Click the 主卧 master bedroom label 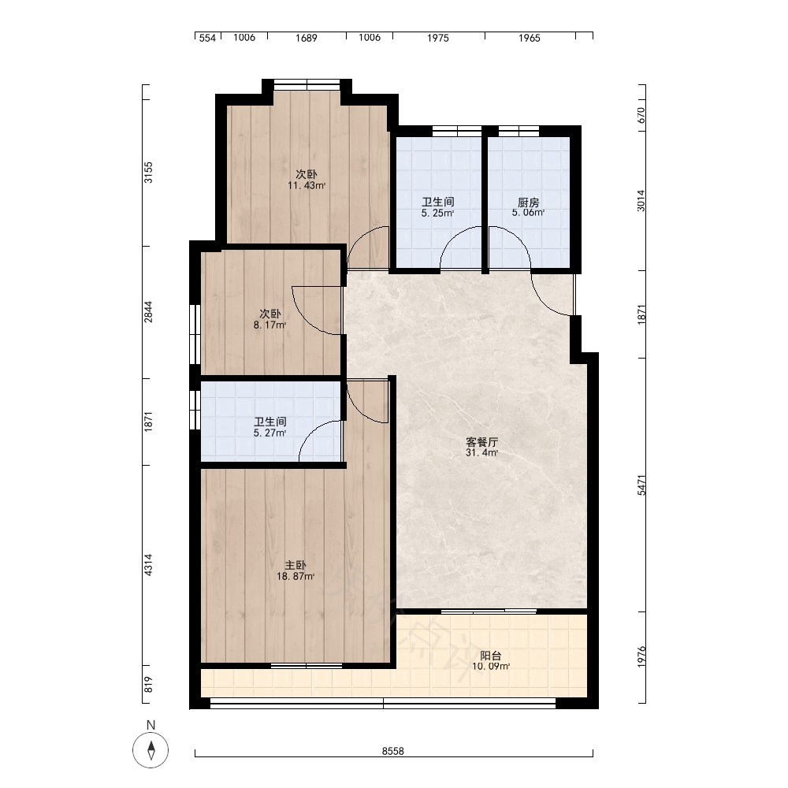(295, 565)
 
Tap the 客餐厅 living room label (481, 442)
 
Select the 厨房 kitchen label (528, 203)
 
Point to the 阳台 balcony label (490, 656)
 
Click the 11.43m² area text (307, 185)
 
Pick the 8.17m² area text (269, 325)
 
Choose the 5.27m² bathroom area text (269, 433)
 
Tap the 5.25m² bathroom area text (437, 213)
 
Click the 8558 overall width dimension (393, 751)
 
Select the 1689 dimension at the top (306, 38)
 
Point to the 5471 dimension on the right (641, 485)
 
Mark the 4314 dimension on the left (148, 565)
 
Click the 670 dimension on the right (641, 115)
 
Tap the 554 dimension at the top (207, 38)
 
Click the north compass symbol (151, 750)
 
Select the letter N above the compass (151, 725)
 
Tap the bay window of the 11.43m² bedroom (307, 84)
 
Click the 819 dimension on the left (148, 685)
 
